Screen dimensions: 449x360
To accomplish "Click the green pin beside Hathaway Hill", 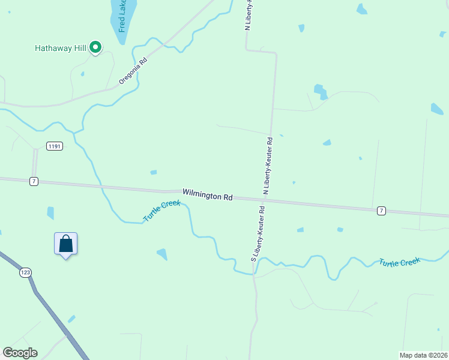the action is coord(95,47).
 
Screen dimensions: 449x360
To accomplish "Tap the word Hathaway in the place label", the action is coord(52,47).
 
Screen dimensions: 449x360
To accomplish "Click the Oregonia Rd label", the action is coord(133,71).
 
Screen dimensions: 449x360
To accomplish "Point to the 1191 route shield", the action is coord(55,146).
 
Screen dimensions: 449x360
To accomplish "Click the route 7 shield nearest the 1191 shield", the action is coord(34,181).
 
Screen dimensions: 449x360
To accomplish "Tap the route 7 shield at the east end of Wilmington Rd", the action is coord(381,211).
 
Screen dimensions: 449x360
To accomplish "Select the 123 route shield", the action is coord(25,272).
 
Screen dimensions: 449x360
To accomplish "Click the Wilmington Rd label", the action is coord(208,196).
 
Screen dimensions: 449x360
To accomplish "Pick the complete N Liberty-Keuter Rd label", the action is coord(268,164).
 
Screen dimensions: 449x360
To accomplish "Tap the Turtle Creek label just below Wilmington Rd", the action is coord(161,211).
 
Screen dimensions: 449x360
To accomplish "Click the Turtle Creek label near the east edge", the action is coord(399,262).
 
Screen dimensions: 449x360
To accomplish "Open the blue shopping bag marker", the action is coord(65,244).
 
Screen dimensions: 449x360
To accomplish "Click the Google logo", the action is coord(20,353).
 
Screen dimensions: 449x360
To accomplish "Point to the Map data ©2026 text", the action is coord(423,355).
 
